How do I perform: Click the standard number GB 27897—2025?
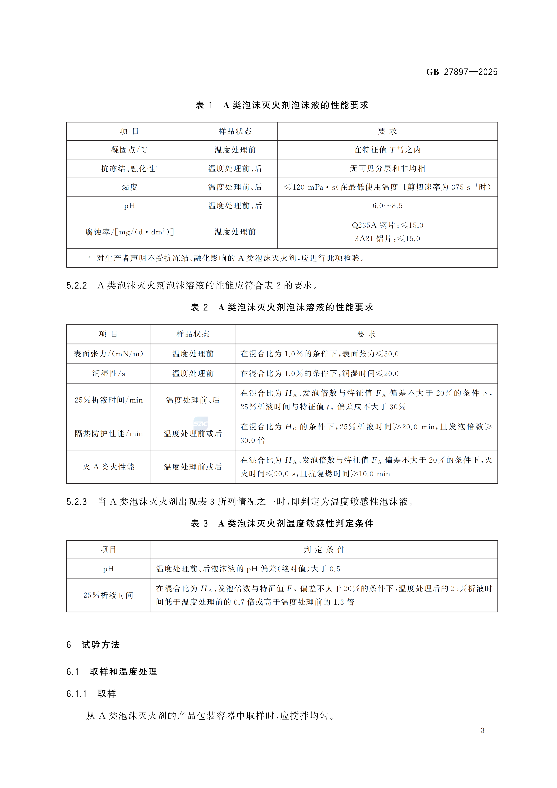[462, 72]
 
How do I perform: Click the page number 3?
[482, 730]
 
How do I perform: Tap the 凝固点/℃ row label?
[129, 150]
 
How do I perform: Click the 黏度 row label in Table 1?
[129, 187]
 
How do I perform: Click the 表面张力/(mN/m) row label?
[108, 354]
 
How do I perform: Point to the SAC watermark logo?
[200, 423]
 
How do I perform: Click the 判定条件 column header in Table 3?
[324, 550]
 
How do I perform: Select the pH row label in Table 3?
[108, 569]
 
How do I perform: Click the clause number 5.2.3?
[76, 502]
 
